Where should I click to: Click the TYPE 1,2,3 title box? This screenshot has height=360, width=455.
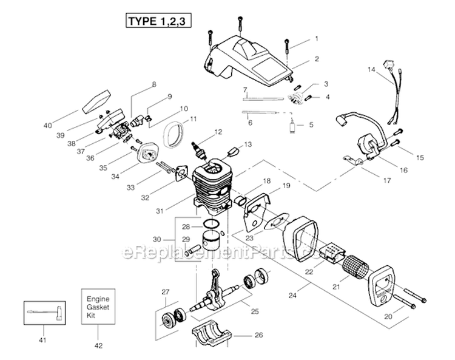click(x=158, y=21)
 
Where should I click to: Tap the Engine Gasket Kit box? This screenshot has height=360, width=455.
click(x=98, y=307)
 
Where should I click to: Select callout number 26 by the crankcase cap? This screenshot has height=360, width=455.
click(x=258, y=335)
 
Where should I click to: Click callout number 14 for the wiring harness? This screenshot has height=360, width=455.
click(x=371, y=70)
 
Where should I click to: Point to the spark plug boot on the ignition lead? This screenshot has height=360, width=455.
click(x=342, y=120)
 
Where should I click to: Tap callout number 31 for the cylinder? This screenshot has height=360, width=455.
click(x=160, y=211)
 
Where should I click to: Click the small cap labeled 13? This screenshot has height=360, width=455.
click(x=233, y=152)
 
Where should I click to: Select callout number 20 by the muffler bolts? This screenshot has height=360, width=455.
click(x=388, y=316)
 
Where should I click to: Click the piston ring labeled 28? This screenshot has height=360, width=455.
click(x=212, y=223)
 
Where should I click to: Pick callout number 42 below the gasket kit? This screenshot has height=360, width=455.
click(x=98, y=345)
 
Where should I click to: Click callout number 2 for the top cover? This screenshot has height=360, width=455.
click(x=317, y=59)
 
